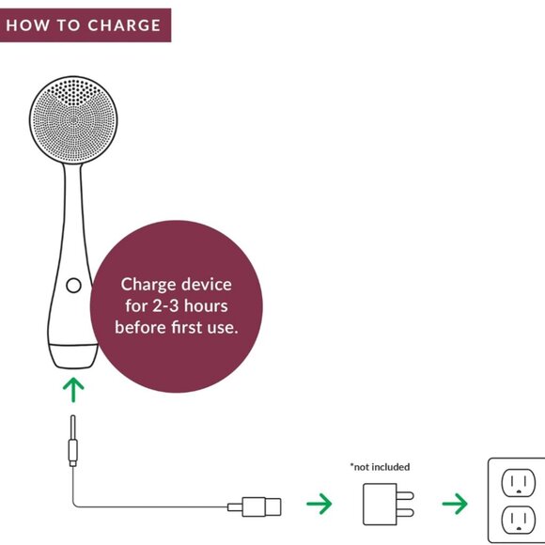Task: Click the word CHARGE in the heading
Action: click(x=124, y=25)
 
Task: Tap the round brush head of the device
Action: click(x=73, y=120)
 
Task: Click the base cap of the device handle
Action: click(x=73, y=356)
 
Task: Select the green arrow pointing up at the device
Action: click(x=73, y=389)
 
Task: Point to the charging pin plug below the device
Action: click(x=73, y=441)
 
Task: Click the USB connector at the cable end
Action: click(x=255, y=506)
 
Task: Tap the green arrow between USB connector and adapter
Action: click(x=319, y=504)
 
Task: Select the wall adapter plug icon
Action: click(x=388, y=504)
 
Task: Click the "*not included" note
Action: click(x=380, y=467)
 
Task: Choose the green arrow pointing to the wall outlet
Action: click(x=455, y=504)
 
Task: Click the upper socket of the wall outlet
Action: click(x=519, y=483)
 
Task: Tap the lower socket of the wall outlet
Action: click(x=519, y=520)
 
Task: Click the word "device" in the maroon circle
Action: click(x=207, y=285)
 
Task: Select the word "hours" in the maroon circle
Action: click(x=206, y=306)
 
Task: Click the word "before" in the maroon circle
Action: click(x=141, y=327)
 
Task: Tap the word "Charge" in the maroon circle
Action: click(x=148, y=285)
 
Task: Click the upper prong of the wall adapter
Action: click(x=405, y=495)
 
